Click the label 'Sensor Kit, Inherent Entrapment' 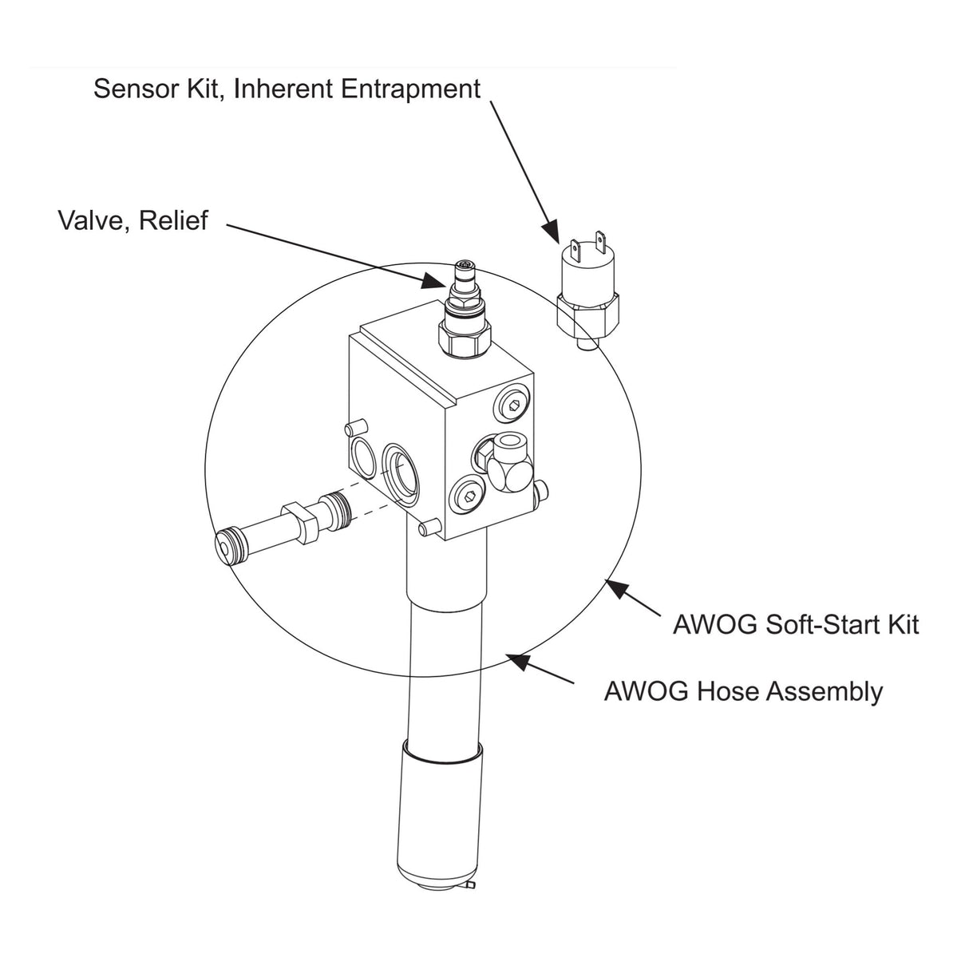[x=287, y=90]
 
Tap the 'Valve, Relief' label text [x=133, y=221]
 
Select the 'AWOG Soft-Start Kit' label [x=796, y=624]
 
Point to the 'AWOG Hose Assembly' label [x=743, y=691]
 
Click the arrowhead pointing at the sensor [x=551, y=231]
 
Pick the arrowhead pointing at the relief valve [x=434, y=281]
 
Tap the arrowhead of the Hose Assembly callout [x=517, y=662]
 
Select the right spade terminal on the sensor [x=599, y=240]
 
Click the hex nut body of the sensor [x=587, y=313]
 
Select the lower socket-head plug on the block [x=469, y=496]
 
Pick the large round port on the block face [x=401, y=473]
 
